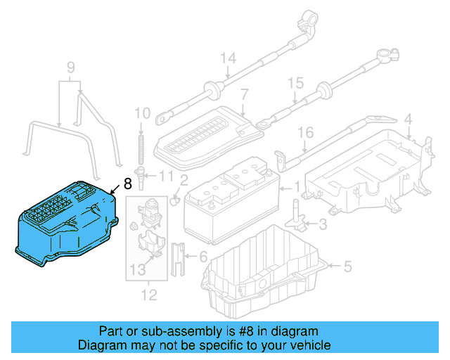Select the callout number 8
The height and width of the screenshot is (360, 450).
(127, 184)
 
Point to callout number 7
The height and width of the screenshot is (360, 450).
(244, 94)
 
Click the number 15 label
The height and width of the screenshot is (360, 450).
(296, 83)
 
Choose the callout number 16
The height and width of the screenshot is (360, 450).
(304, 131)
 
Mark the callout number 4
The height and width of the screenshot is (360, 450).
(407, 120)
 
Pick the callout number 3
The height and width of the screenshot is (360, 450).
(323, 224)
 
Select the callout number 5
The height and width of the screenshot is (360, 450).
(347, 266)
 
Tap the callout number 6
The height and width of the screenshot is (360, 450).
(203, 257)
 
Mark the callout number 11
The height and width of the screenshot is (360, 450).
(166, 175)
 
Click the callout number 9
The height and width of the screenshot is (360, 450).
(70, 68)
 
